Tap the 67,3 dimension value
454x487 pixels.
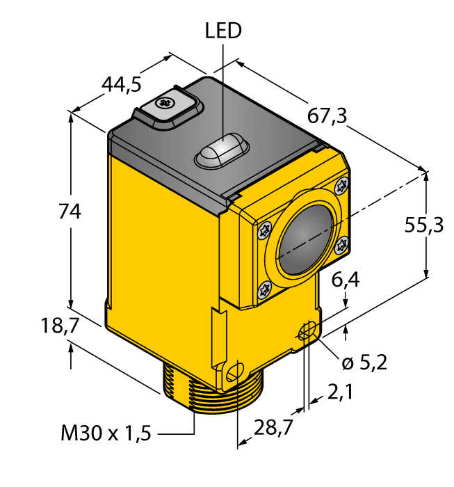tap(327, 118)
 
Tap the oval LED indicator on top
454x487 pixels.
tap(220, 150)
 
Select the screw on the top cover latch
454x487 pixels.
tap(165, 104)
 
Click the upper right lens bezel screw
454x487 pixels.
tap(341, 186)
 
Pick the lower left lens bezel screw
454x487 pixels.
tap(262, 291)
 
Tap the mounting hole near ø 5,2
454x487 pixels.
tap(305, 334)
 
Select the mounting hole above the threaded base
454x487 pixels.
tap(234, 373)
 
